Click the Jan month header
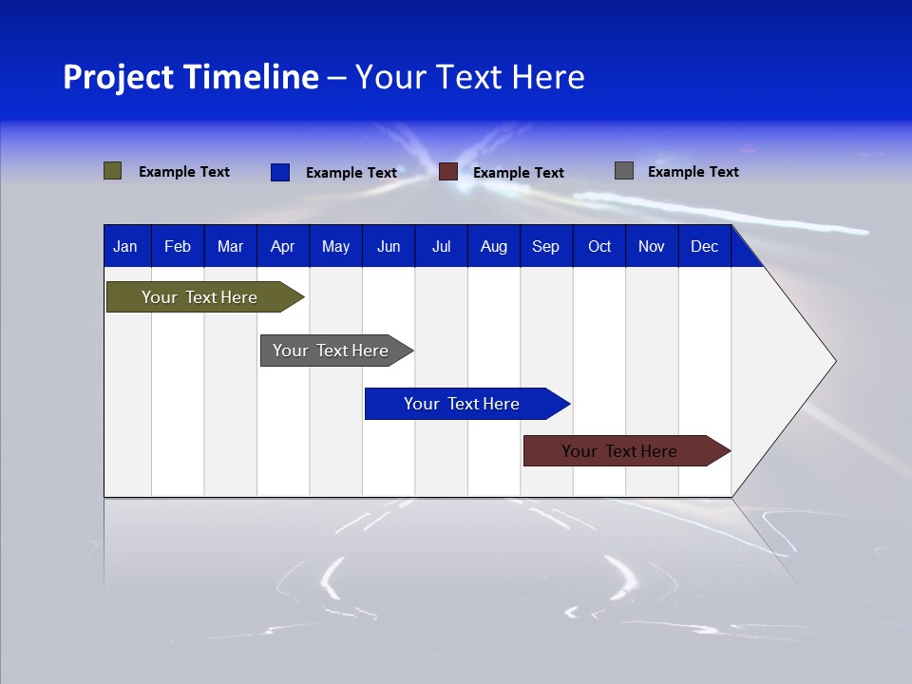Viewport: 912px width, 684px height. pyautogui.click(x=125, y=247)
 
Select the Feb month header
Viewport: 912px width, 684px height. pyautogui.click(x=178, y=247)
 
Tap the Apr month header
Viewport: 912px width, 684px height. pyautogui.click(x=282, y=247)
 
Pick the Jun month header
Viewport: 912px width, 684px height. pyautogui.click(x=389, y=247)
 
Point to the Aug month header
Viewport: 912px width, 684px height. pyautogui.click(x=493, y=247)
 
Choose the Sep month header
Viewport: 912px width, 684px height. pyautogui.click(x=545, y=247)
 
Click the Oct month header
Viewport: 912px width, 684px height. pyautogui.click(x=599, y=247)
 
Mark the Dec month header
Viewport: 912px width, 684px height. pyautogui.click(x=704, y=247)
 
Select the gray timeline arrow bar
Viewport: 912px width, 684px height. pyautogui.click(x=332, y=351)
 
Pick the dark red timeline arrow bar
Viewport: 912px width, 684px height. pyautogui.click(x=621, y=451)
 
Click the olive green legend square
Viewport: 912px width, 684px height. pyautogui.click(x=112, y=171)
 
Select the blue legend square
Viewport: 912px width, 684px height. pyautogui.click(x=279, y=172)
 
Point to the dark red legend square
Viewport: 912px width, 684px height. pyautogui.click(x=448, y=172)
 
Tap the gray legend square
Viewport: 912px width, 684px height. pyautogui.click(x=623, y=171)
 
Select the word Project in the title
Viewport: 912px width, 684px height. pyautogui.click(x=118, y=77)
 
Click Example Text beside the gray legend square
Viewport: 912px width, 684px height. pyautogui.click(x=693, y=172)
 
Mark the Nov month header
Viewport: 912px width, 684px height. pyautogui.click(x=651, y=247)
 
